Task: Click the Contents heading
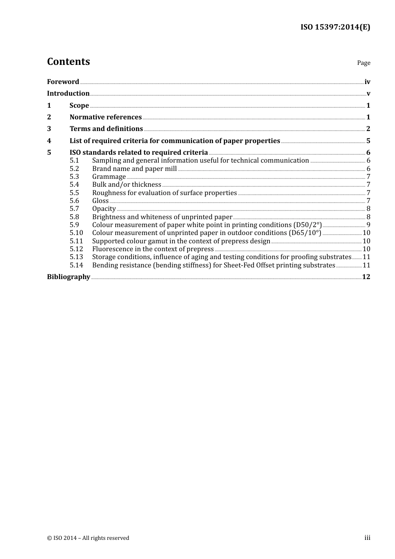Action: pyautogui.click(x=68, y=62)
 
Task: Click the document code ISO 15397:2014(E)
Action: pyautogui.click(x=335, y=27)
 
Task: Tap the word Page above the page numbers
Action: pyautogui.click(x=363, y=63)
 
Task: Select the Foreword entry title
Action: pyautogui.click(x=63, y=82)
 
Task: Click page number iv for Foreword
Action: pyautogui.click(x=367, y=82)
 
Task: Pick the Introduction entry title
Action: pyautogui.click(x=68, y=94)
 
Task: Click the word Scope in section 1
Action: pyautogui.click(x=79, y=106)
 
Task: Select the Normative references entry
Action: pyautogui.click(x=106, y=117)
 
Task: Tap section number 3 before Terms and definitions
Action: pyautogui.click(x=49, y=129)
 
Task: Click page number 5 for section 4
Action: pyautogui.click(x=368, y=141)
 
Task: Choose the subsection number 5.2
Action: pyautogui.click(x=74, y=169)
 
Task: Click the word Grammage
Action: pyautogui.click(x=109, y=177)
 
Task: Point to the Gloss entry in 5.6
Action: pyautogui.click(x=100, y=201)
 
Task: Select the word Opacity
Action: pyautogui.click(x=104, y=209)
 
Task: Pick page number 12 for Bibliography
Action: pyautogui.click(x=366, y=277)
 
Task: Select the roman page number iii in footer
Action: pyautogui.click(x=367, y=538)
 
